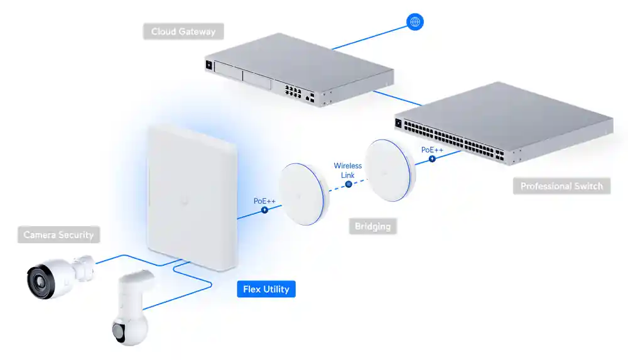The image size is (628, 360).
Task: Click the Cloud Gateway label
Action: [x=183, y=31]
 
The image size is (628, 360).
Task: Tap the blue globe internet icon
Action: [x=414, y=22]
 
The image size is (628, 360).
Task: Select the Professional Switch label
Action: [x=561, y=186]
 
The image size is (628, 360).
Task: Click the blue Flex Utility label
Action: [x=266, y=289]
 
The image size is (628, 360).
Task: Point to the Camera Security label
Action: [x=58, y=235]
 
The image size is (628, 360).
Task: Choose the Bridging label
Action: [x=372, y=226]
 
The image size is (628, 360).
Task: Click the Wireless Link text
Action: [x=348, y=170]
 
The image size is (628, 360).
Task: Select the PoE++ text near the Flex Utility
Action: [x=264, y=200]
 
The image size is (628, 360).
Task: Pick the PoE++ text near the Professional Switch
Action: [x=432, y=150]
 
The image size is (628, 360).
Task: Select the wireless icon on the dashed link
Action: [x=349, y=185]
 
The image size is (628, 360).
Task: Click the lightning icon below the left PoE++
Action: [x=264, y=210]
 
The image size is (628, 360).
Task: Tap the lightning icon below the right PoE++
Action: [x=432, y=159]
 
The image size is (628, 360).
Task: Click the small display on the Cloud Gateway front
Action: [x=209, y=64]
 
